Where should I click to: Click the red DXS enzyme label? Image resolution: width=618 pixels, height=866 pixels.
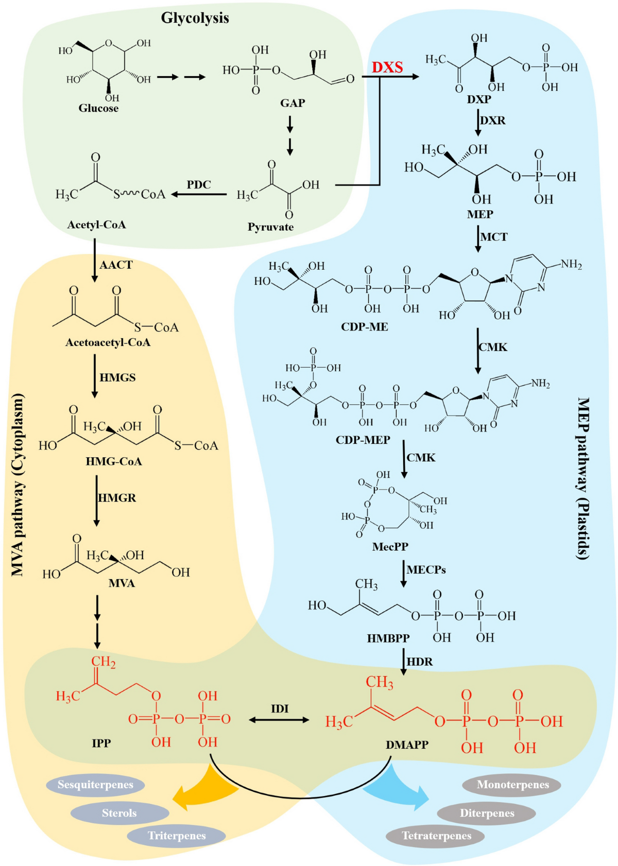387,67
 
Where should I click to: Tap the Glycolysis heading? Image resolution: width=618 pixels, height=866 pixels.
195,18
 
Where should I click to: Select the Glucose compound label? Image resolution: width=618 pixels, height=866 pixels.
98,108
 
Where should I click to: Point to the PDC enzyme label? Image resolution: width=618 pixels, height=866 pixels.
199,184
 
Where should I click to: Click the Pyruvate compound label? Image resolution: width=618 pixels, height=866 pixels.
270,227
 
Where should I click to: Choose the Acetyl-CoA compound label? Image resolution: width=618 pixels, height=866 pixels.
96,225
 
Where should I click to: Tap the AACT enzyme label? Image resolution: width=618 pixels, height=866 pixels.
116,265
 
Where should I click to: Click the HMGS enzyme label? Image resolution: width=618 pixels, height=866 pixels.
117,377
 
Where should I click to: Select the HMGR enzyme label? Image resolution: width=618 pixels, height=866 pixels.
117,498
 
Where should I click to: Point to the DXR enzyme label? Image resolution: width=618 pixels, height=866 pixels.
493,120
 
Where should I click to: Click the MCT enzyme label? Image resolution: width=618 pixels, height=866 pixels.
494,237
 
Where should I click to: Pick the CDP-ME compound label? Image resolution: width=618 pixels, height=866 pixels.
365,326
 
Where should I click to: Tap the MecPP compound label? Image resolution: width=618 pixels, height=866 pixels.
390,546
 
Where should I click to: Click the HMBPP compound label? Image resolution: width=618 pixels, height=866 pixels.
388,638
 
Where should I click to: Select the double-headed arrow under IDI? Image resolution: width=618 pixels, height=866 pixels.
279,720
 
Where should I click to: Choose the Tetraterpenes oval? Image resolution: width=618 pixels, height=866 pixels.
436,836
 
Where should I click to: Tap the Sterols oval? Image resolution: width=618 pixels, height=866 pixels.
119,813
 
